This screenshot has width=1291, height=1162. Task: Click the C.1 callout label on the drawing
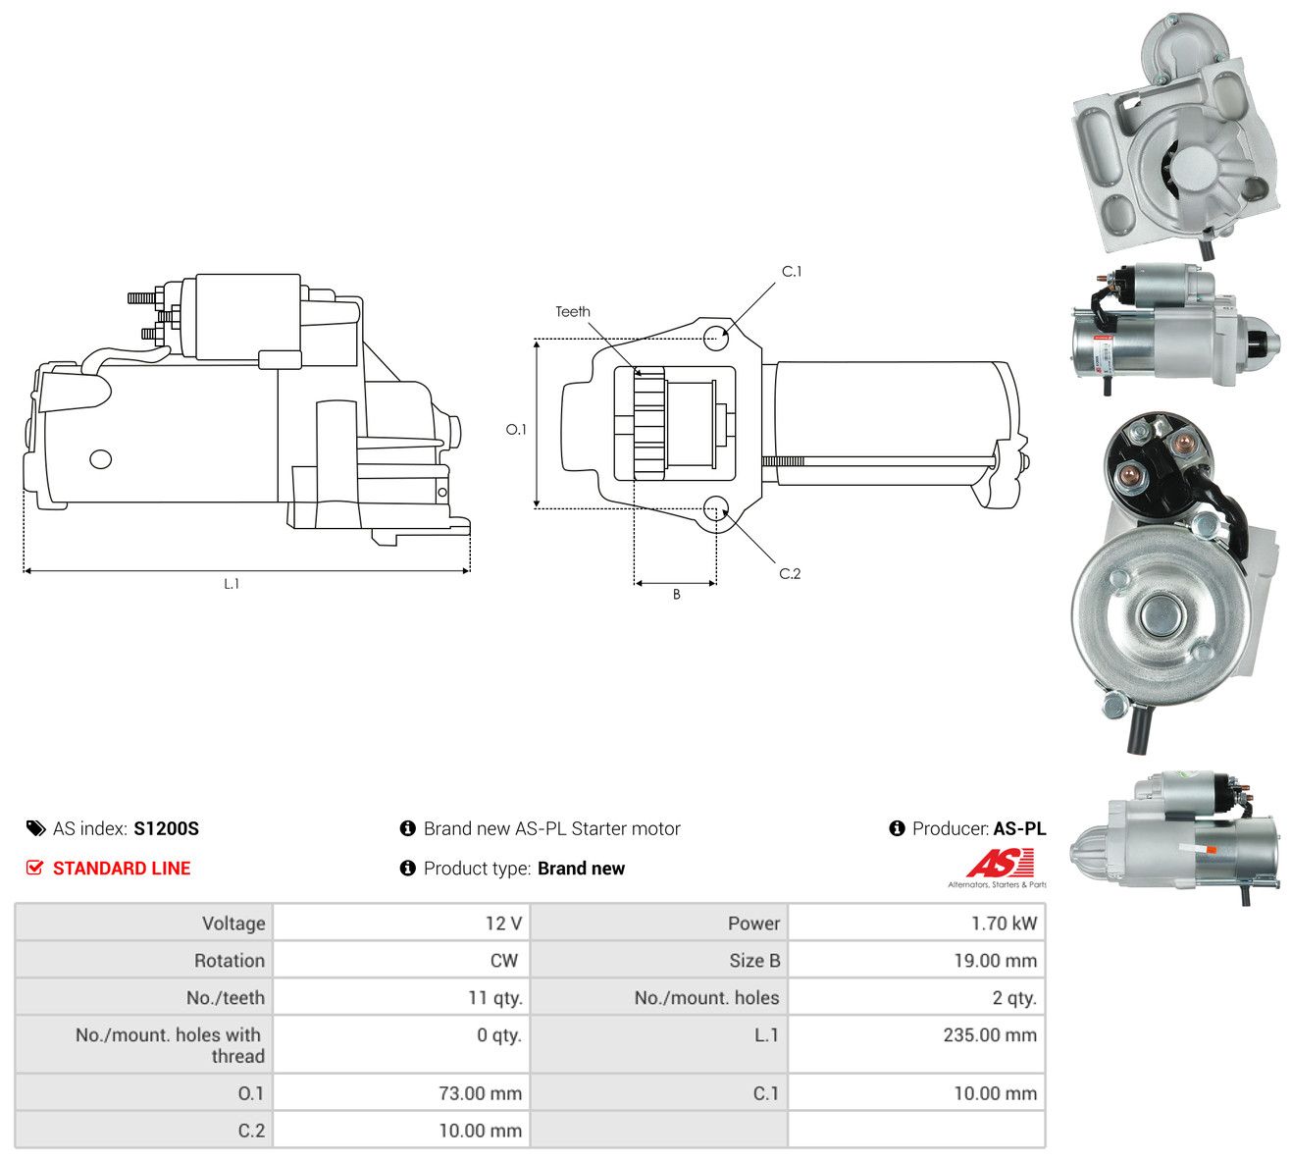(792, 272)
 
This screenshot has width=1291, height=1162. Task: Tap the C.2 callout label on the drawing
(790, 574)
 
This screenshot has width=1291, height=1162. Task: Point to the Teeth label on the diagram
(573, 312)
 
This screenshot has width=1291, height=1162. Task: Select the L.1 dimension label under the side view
(232, 584)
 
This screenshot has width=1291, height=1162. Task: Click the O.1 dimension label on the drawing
(516, 430)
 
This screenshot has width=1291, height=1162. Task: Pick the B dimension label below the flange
(676, 595)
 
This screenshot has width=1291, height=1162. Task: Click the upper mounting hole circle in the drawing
(716, 338)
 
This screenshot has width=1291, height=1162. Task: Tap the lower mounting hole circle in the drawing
(716, 508)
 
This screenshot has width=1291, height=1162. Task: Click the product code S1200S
(166, 829)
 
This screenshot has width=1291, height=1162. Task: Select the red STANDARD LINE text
(122, 869)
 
